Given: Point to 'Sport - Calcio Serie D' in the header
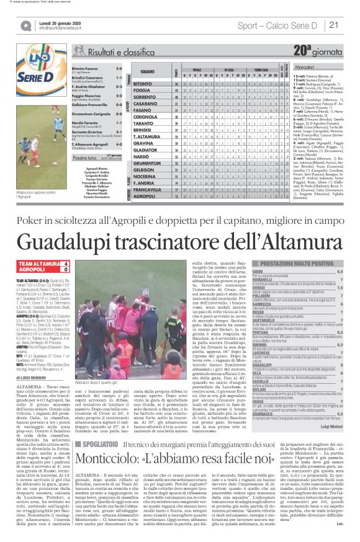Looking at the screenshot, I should coord(281,25).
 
